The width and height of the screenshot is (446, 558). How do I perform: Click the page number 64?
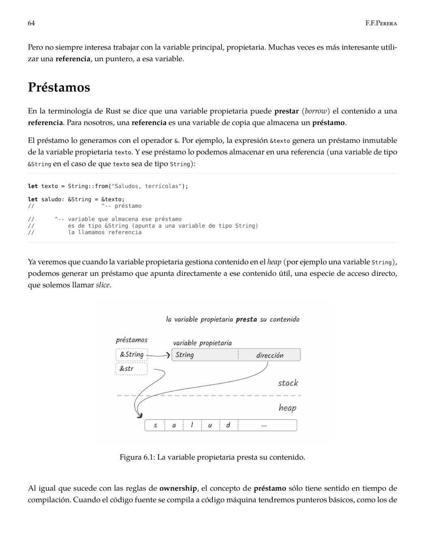[x=31, y=23]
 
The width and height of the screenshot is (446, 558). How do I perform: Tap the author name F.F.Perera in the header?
[x=381, y=23]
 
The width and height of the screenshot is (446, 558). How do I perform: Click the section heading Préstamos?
[x=59, y=87]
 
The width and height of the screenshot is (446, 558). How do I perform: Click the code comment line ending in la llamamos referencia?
[x=105, y=233]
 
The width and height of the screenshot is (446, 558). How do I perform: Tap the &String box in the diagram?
[x=132, y=355]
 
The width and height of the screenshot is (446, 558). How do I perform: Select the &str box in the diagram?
[x=131, y=369]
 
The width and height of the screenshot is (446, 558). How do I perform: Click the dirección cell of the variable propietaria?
[x=270, y=355]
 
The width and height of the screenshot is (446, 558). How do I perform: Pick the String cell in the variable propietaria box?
[x=205, y=355]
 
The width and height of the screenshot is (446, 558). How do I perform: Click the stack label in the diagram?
[x=288, y=383]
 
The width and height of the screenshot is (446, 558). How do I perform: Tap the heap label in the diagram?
[x=287, y=408]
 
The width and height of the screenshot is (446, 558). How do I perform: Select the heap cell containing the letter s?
[x=155, y=425]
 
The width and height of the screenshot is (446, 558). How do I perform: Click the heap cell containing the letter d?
[x=228, y=425]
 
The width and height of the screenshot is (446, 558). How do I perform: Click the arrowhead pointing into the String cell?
[x=168, y=355]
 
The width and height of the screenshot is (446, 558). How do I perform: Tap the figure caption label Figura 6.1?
[x=137, y=457]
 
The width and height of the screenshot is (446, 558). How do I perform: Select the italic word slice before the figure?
[x=103, y=285]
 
